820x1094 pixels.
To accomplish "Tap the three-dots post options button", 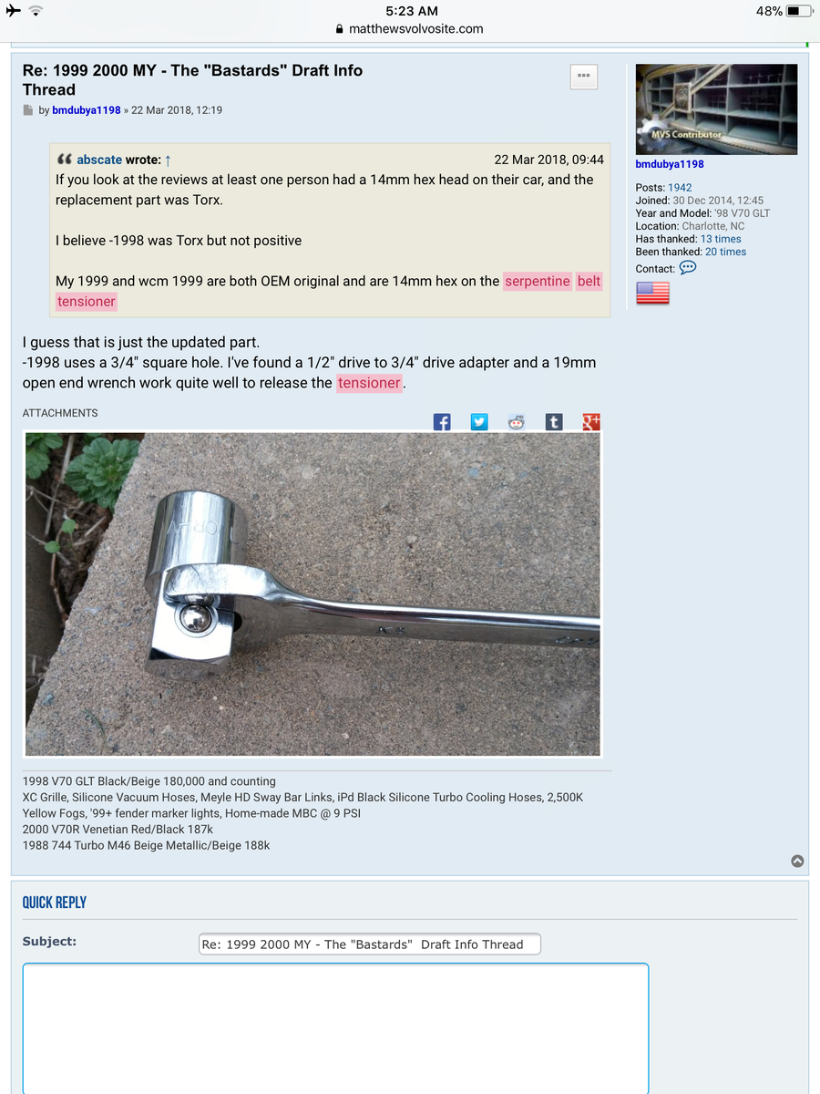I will pos(584,77).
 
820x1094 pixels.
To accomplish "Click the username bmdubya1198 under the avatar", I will pos(670,164).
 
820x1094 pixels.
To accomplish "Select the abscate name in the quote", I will pos(99,160).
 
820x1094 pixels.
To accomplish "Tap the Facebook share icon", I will pos(442,421).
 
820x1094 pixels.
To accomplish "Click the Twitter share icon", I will pos(479,421).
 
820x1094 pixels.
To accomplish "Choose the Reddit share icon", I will pos(517,421).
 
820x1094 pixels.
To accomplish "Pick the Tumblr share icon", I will pos(554,421).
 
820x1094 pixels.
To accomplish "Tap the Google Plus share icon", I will pos(591,421).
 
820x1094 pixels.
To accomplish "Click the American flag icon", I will pos(652,293).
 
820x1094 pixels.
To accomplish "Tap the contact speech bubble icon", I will pos(688,268).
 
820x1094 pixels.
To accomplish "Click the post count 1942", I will pos(680,188).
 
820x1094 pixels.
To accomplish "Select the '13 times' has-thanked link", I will pos(721,239).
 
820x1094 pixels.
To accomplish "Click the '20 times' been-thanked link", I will pos(725,252).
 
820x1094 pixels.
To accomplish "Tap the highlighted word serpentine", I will pos(538,281).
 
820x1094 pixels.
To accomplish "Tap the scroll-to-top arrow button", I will pos(797,861).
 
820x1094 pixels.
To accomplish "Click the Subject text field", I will pos(369,944).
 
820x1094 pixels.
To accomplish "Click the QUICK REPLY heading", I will pos(55,903).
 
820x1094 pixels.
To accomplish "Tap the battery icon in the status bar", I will pos(798,11).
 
